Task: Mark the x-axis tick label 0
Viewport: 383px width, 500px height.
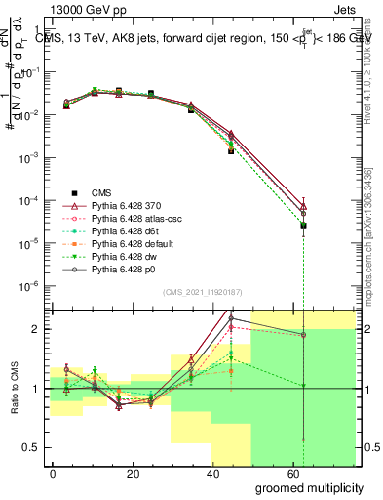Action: click(54, 473)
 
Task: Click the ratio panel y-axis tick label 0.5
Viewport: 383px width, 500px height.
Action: click(31, 447)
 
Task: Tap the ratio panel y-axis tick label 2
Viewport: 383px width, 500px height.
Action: click(37, 329)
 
